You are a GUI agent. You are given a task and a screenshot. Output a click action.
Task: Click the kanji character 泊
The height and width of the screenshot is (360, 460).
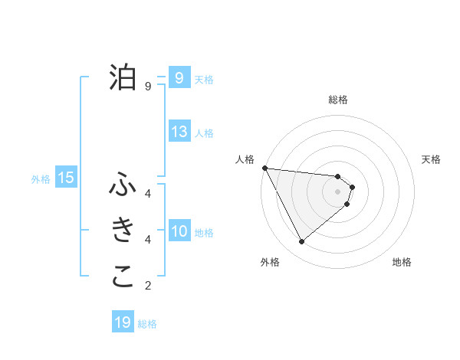(123, 77)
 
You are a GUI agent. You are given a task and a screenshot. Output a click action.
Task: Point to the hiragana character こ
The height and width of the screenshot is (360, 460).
(123, 276)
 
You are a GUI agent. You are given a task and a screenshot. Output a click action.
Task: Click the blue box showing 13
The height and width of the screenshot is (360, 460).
(179, 132)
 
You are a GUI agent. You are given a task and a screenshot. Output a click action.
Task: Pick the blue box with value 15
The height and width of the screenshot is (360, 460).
(66, 178)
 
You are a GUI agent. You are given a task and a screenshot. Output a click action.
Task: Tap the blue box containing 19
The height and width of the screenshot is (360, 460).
(123, 322)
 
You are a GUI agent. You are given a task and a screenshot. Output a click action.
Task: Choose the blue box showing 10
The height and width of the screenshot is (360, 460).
(179, 231)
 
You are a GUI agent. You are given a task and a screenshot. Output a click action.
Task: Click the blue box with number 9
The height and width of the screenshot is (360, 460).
(179, 77)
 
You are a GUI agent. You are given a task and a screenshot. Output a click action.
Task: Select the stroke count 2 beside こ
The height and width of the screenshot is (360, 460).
(148, 286)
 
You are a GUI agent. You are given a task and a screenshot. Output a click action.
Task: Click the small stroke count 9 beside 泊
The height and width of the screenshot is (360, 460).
(148, 87)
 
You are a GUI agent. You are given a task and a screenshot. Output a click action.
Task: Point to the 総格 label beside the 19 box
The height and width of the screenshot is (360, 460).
(147, 324)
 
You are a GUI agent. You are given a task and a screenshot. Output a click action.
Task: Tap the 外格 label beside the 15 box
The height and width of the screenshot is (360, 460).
(41, 179)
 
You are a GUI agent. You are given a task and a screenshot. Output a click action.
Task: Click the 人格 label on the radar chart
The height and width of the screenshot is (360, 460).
(245, 159)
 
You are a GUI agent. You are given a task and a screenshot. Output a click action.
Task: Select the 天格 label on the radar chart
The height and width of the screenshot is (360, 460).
(432, 159)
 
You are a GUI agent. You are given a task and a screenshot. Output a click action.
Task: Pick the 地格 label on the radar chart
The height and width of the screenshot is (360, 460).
(402, 262)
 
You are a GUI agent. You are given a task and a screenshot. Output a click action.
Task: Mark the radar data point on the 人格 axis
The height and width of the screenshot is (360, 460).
(264, 168)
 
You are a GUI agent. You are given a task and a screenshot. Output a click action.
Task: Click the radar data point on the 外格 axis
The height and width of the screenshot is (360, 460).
(301, 242)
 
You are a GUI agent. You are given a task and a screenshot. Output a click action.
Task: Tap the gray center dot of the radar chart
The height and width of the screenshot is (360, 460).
(338, 191)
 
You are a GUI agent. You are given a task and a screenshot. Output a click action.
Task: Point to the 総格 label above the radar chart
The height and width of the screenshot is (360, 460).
(338, 100)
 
